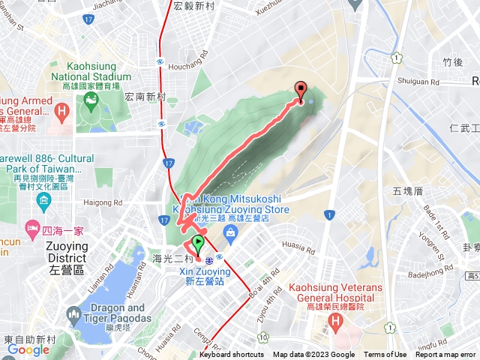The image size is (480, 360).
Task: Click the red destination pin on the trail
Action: click(301, 90)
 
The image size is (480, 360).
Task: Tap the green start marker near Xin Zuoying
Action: click(198, 243)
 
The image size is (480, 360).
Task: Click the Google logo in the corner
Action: click(28, 349)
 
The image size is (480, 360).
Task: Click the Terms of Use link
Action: click(385, 355)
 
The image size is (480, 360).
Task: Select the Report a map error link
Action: click(445, 355)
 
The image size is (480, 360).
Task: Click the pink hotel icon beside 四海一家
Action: click(32, 226)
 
